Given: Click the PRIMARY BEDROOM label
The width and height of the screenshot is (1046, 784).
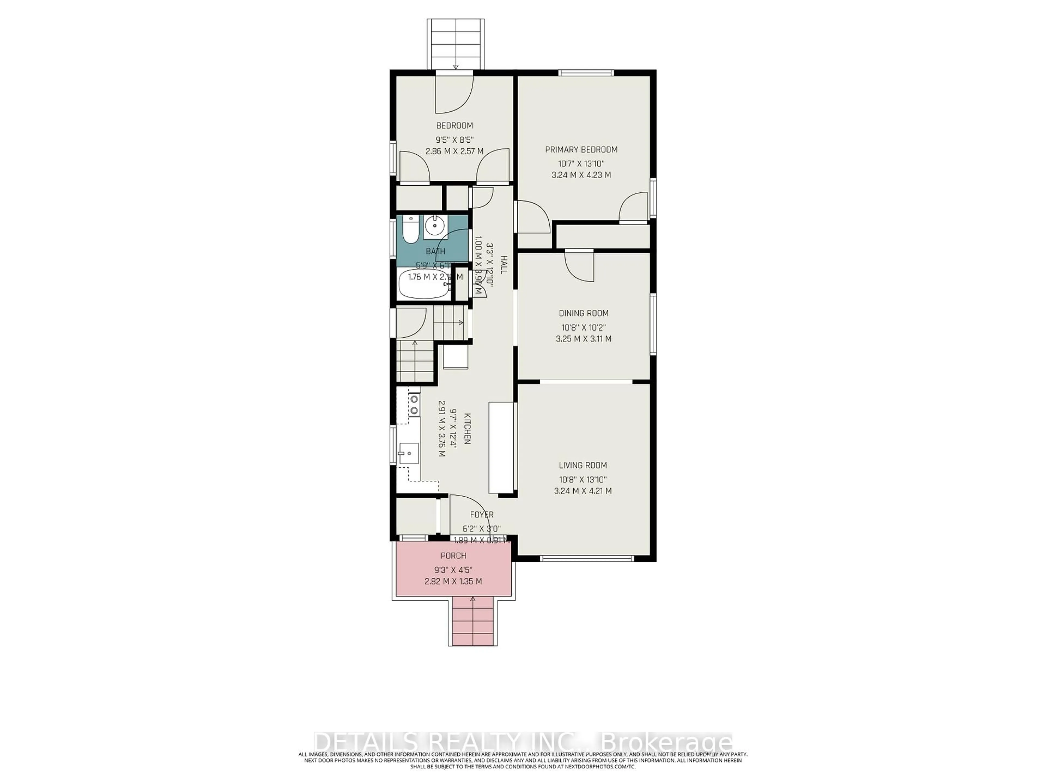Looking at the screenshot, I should [581, 150].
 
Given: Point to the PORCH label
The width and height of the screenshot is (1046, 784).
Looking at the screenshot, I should [454, 556].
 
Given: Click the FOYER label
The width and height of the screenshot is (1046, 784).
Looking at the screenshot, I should [481, 514].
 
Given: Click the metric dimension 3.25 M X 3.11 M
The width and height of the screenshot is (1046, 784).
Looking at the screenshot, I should [583, 339].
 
